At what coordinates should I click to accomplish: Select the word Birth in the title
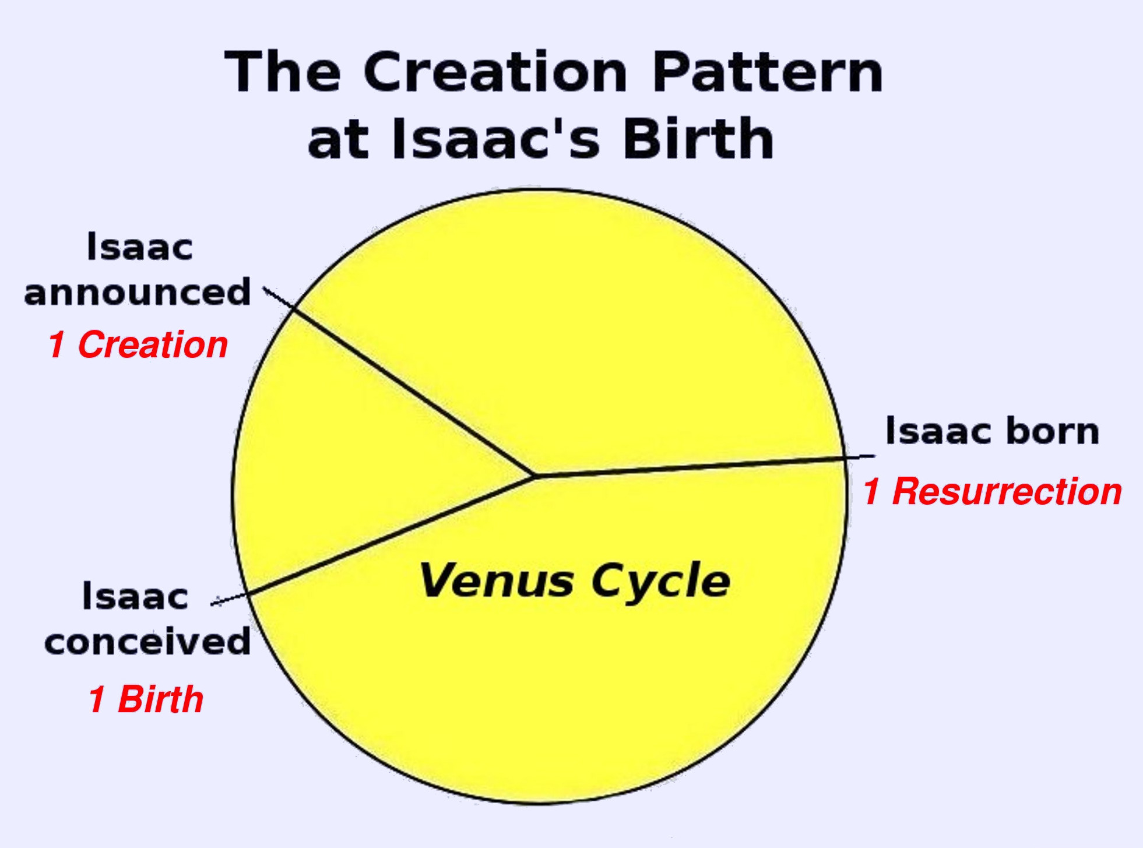coord(698,138)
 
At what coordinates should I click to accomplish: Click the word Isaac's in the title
coord(496,138)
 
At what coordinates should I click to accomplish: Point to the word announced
coord(138,292)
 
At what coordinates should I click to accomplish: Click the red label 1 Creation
coord(138,344)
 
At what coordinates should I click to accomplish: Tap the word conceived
coord(147,642)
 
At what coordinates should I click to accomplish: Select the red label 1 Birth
coord(146,699)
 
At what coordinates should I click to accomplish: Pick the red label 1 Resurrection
coord(993,491)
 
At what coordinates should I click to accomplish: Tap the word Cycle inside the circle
coord(661,582)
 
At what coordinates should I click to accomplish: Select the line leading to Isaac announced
coord(399,382)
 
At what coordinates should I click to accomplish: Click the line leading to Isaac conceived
coord(373,540)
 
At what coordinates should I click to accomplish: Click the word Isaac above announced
coord(140,247)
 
